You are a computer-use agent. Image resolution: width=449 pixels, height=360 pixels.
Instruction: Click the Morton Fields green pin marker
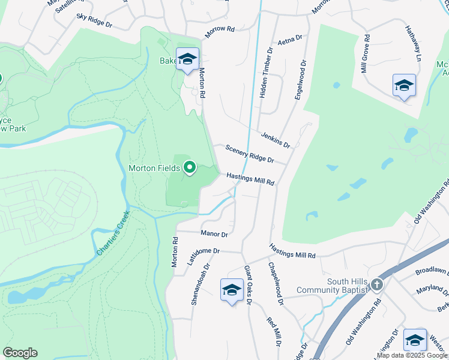pos(190,167)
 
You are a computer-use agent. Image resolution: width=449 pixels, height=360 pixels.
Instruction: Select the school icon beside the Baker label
pos(187,59)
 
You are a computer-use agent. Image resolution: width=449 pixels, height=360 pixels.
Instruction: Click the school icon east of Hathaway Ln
pos(404,85)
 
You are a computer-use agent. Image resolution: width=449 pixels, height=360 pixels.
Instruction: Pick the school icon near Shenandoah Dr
pos(232,290)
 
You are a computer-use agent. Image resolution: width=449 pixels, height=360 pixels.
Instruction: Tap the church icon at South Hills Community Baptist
pos(376,284)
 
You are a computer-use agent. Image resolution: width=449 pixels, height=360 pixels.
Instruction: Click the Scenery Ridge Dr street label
pos(249,154)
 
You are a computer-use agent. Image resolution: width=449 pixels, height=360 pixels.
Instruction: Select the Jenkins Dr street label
pos(276,140)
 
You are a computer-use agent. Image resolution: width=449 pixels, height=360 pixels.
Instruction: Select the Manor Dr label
pos(214,235)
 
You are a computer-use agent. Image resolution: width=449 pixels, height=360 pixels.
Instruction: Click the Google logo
pos(20,353)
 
